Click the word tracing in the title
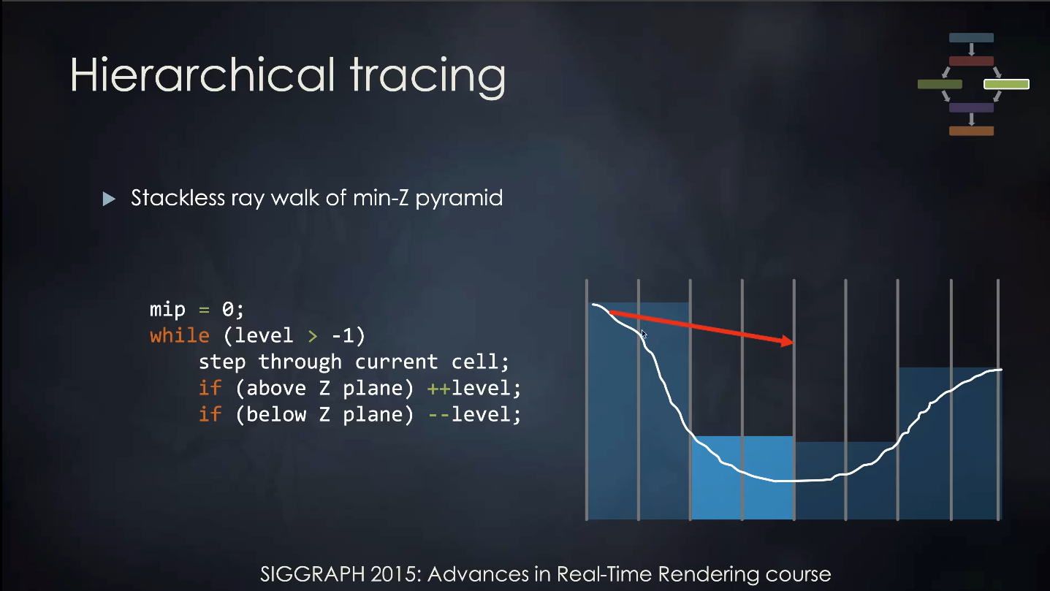pos(428,77)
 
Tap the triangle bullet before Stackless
pos(109,199)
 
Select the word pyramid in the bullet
pos(459,199)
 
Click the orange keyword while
pos(180,335)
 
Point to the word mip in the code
pos(167,309)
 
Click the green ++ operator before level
pos(438,388)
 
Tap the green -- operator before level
pos(438,414)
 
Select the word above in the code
pos(276,388)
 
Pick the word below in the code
pos(276,414)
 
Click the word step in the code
pos(221,362)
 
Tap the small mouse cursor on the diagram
pos(644,335)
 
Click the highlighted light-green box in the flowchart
pos(1006,84)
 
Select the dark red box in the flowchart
pos(971,61)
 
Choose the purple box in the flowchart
pos(971,107)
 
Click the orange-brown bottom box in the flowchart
pos(971,131)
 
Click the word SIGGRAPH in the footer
pos(313,574)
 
